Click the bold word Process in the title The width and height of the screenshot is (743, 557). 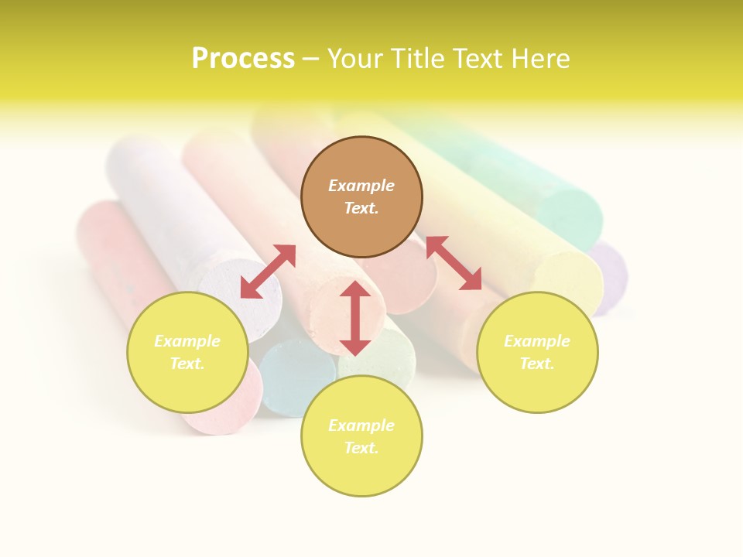click(x=243, y=59)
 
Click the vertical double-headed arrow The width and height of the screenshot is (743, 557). click(x=355, y=318)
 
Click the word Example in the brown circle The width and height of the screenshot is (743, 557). click(x=361, y=186)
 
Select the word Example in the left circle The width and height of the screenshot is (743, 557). click(x=187, y=341)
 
